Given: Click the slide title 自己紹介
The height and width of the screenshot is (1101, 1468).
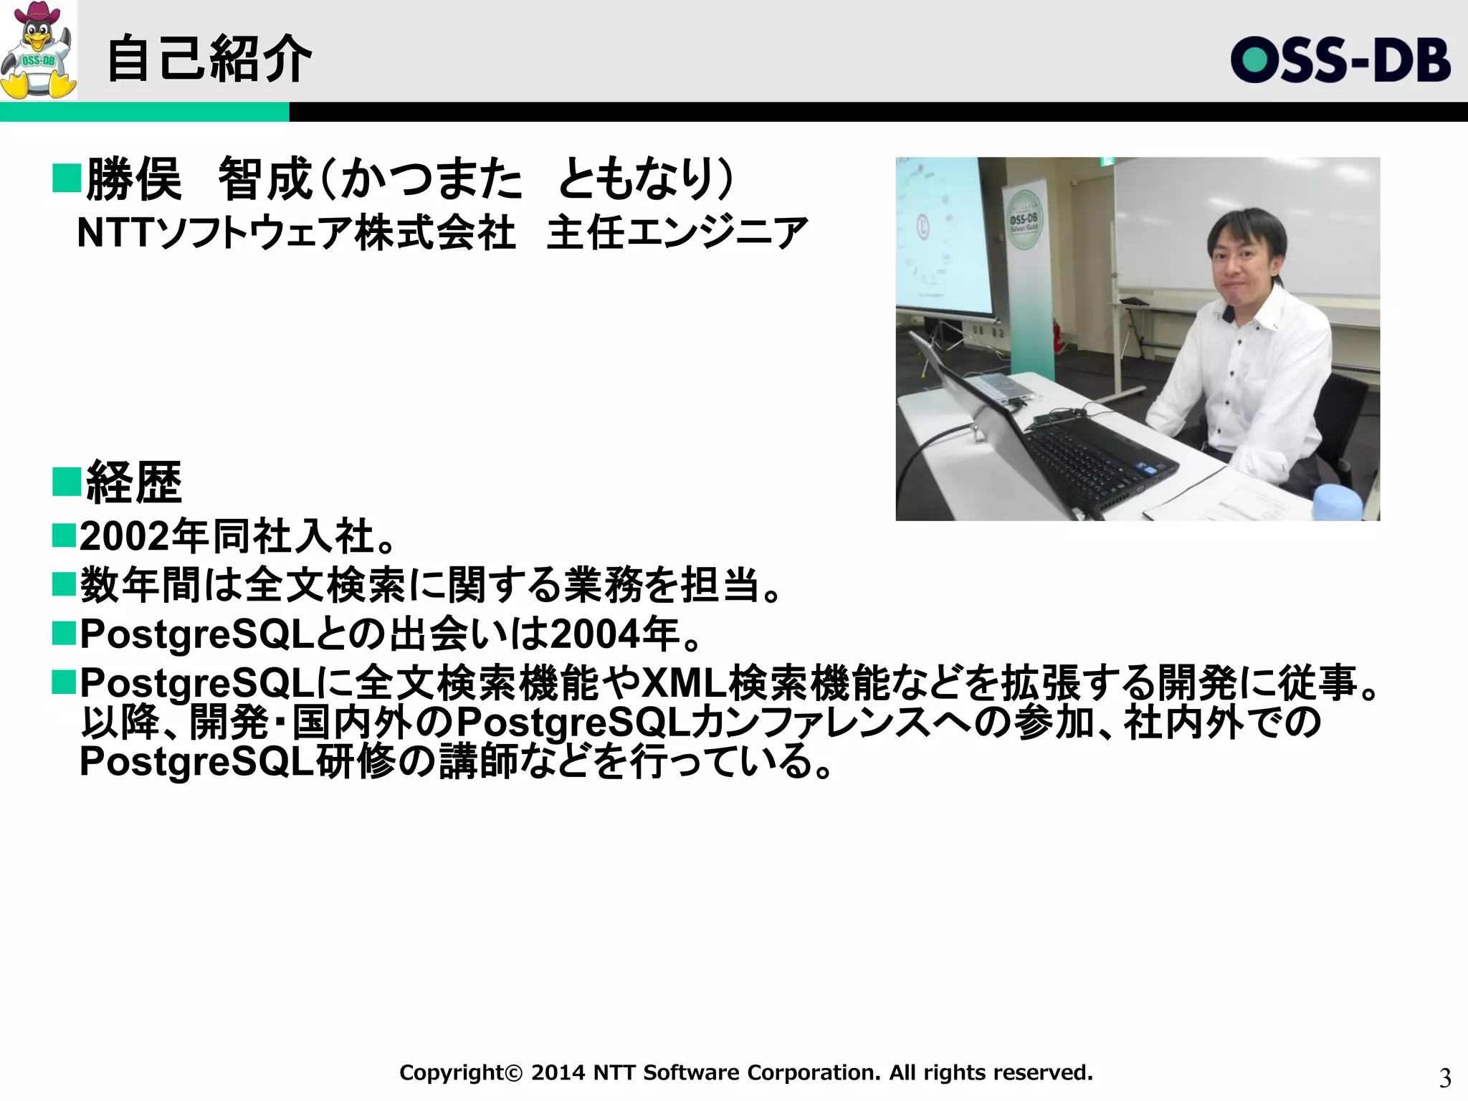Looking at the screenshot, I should tap(209, 59).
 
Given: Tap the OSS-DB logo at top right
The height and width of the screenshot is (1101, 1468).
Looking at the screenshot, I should tap(1340, 60).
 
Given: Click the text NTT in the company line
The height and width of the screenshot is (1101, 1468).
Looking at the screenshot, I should tap(115, 233).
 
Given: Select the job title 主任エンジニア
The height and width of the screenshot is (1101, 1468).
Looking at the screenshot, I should tap(677, 233).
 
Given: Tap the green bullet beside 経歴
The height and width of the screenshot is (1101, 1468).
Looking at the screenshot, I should tap(66, 482).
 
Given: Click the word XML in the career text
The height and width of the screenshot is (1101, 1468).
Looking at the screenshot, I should tap(684, 683).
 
